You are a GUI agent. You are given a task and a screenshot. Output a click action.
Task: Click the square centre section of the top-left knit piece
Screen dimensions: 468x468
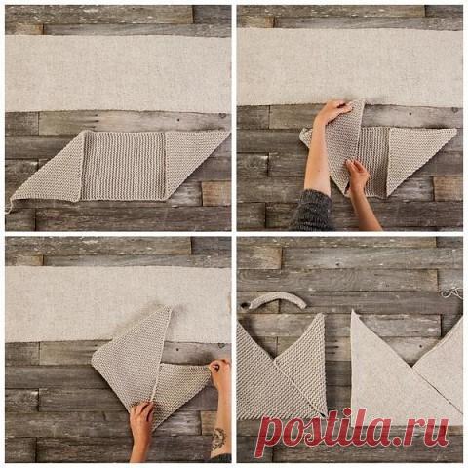click(123, 165)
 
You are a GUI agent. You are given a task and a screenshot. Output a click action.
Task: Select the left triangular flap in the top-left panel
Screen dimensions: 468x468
click(56, 173)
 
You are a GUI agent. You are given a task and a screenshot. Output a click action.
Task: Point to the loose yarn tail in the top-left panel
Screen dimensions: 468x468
click(10, 206)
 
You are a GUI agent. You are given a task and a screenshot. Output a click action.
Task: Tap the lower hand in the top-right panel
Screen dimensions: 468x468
click(358, 177)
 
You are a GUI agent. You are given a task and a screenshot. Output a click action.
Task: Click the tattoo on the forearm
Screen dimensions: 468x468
click(218, 439)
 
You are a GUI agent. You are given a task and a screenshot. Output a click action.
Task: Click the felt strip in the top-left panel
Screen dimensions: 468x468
click(118, 73)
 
